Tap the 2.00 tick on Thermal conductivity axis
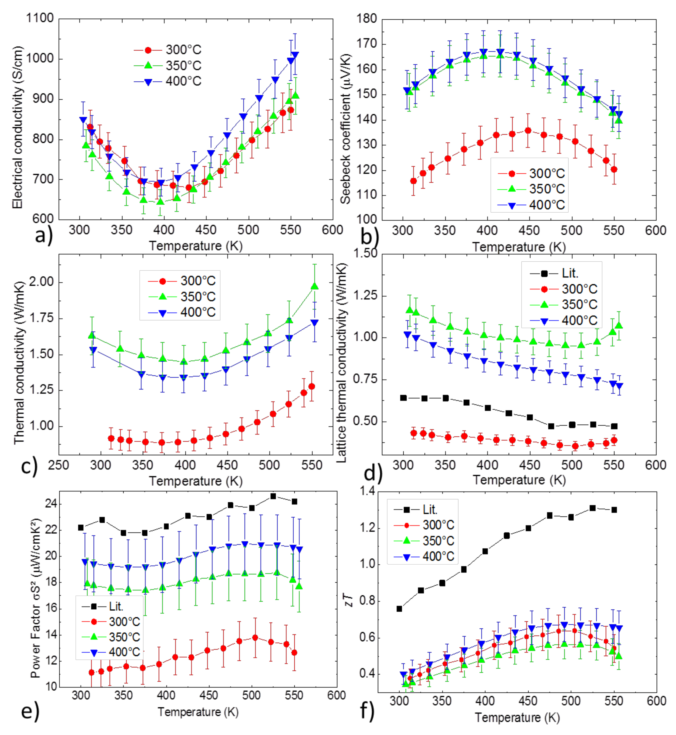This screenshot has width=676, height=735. click(41, 282)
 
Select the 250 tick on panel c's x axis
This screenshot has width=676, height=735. click(59, 465)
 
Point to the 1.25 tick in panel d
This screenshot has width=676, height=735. click(365, 295)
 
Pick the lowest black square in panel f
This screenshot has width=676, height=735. click(399, 609)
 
